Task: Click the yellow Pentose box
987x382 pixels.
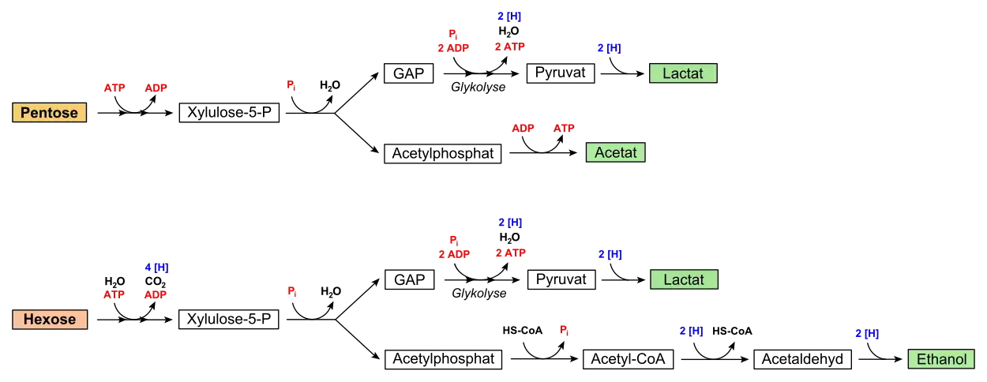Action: pos(49,113)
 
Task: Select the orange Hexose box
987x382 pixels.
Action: pos(49,320)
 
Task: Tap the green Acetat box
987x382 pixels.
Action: pos(615,152)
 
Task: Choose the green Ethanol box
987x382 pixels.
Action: pos(941,360)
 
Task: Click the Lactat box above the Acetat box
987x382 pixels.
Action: pos(683,73)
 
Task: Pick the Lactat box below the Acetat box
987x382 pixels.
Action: pos(684,280)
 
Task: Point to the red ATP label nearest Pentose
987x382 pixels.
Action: pos(114,88)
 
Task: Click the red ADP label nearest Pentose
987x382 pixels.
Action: pos(156,89)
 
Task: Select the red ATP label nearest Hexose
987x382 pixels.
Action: pos(114,296)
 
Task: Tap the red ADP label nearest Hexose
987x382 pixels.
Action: pos(156,296)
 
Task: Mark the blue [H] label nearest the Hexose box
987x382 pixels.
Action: pos(157,268)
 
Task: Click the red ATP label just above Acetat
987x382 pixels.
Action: pos(563,127)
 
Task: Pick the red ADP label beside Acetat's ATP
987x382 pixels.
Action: pos(524,127)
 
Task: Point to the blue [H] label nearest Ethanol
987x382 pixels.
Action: pos(866,334)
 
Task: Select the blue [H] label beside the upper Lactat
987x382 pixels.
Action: pos(609,48)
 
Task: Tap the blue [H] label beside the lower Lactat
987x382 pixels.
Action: pos(610,254)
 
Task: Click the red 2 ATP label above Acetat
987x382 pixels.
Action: pos(510,47)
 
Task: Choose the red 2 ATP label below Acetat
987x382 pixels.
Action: pos(510,253)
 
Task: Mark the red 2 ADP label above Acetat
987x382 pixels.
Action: pos(453,48)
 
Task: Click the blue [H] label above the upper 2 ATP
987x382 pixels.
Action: pos(509,17)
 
